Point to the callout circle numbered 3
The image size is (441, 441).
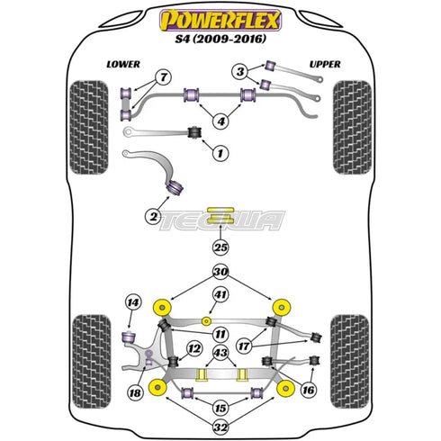click(x=239, y=71)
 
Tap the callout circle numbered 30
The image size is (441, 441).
click(x=220, y=272)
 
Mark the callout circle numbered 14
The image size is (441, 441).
click(x=134, y=301)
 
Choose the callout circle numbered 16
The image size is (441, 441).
click(x=310, y=391)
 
